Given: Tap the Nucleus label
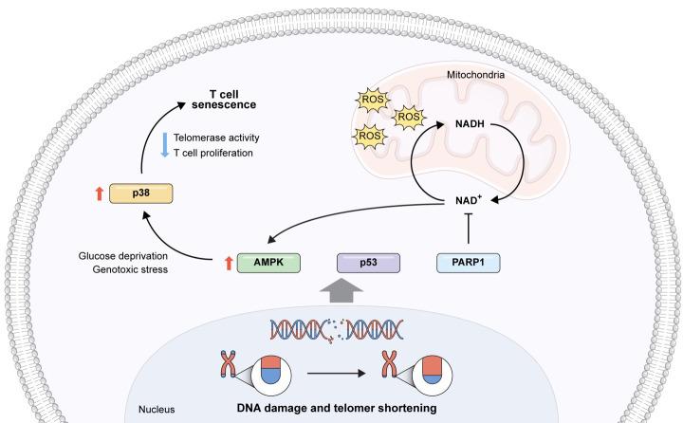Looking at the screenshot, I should pos(156,411).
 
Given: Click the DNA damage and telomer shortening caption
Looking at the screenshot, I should pos(337,409).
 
